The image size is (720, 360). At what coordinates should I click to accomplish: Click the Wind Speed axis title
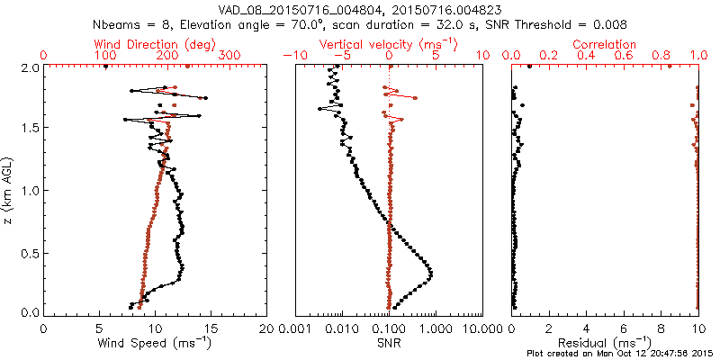[155, 342]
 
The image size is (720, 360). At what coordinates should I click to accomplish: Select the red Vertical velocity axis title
[388, 44]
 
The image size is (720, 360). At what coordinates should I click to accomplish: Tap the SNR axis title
[389, 342]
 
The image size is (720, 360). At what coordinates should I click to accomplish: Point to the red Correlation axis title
[608, 44]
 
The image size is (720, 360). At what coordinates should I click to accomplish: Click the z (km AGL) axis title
[8, 190]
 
